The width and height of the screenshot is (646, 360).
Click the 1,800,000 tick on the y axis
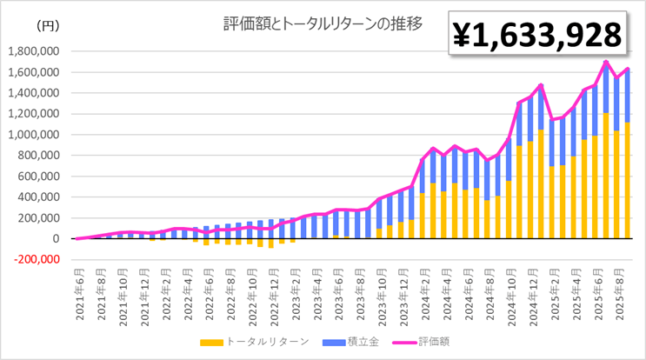point(32,51)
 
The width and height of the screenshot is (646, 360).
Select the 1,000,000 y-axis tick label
point(32,135)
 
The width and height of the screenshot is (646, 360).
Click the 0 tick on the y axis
point(54,238)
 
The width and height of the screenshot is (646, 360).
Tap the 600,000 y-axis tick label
point(37,177)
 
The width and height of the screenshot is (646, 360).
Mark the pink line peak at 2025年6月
point(605,62)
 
